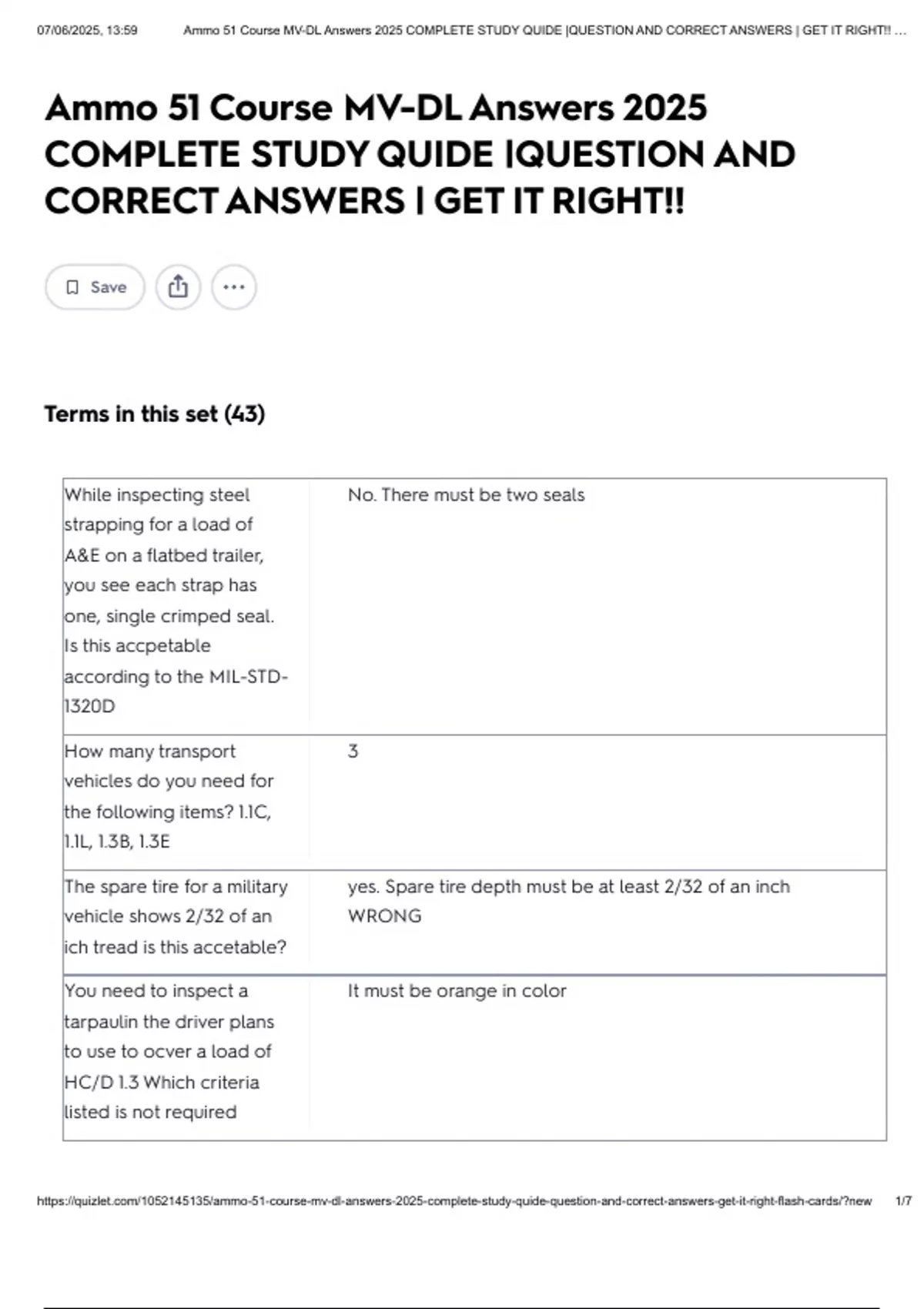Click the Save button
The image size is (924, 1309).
[95, 287]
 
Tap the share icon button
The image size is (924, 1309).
[178, 287]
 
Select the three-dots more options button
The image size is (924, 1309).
[234, 287]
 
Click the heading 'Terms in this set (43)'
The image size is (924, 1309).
[155, 414]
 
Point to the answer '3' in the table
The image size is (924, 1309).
[353, 752]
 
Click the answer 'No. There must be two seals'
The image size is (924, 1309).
[466, 495]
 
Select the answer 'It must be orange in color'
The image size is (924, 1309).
[457, 991]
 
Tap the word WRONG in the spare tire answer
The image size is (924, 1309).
[384, 916]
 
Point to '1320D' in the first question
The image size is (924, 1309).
[89, 706]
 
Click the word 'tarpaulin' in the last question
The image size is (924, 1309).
[101, 1022]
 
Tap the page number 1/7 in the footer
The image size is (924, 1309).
[903, 1201]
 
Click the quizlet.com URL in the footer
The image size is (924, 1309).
[454, 1201]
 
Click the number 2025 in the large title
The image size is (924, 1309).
[665, 108]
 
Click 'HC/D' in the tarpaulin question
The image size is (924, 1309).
[89, 1083]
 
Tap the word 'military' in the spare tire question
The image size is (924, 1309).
[252, 887]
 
